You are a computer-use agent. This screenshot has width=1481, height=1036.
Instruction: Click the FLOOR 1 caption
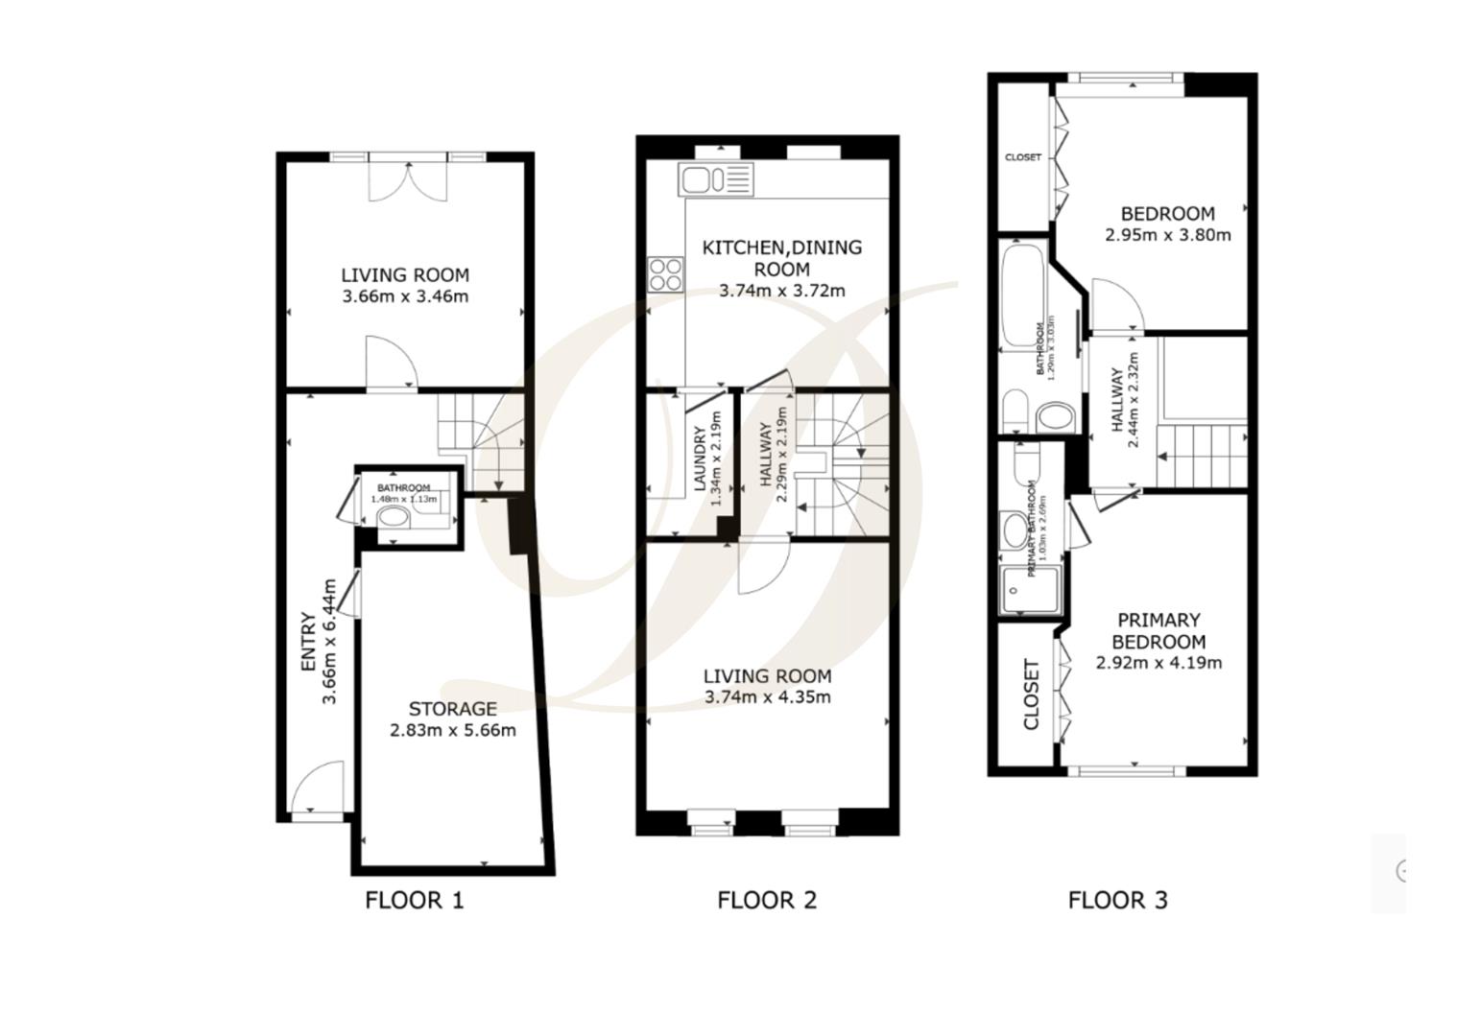414,900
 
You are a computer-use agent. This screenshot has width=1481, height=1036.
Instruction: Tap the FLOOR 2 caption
766,900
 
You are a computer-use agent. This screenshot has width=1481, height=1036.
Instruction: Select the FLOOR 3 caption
1117,900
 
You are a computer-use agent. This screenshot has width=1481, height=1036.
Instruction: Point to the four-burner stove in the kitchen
665,274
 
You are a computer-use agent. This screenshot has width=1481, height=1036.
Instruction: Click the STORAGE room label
452,709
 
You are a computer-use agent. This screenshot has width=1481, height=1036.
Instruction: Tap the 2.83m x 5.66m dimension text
452,730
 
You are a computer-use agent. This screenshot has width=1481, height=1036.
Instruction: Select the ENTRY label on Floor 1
308,642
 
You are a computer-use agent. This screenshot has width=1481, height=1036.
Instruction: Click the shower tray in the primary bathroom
1030,590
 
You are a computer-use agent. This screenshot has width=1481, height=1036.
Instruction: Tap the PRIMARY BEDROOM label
1159,630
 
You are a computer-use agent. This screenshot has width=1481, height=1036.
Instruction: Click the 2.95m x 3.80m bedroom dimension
1167,235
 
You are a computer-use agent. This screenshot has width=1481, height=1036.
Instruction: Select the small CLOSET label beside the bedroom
1022,157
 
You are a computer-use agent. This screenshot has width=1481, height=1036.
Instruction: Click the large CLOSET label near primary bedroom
1031,695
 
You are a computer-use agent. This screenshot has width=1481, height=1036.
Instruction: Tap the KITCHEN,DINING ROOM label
781,258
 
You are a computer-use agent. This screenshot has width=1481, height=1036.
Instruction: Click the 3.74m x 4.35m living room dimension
767,697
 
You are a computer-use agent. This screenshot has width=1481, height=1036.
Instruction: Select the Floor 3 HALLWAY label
1117,400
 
